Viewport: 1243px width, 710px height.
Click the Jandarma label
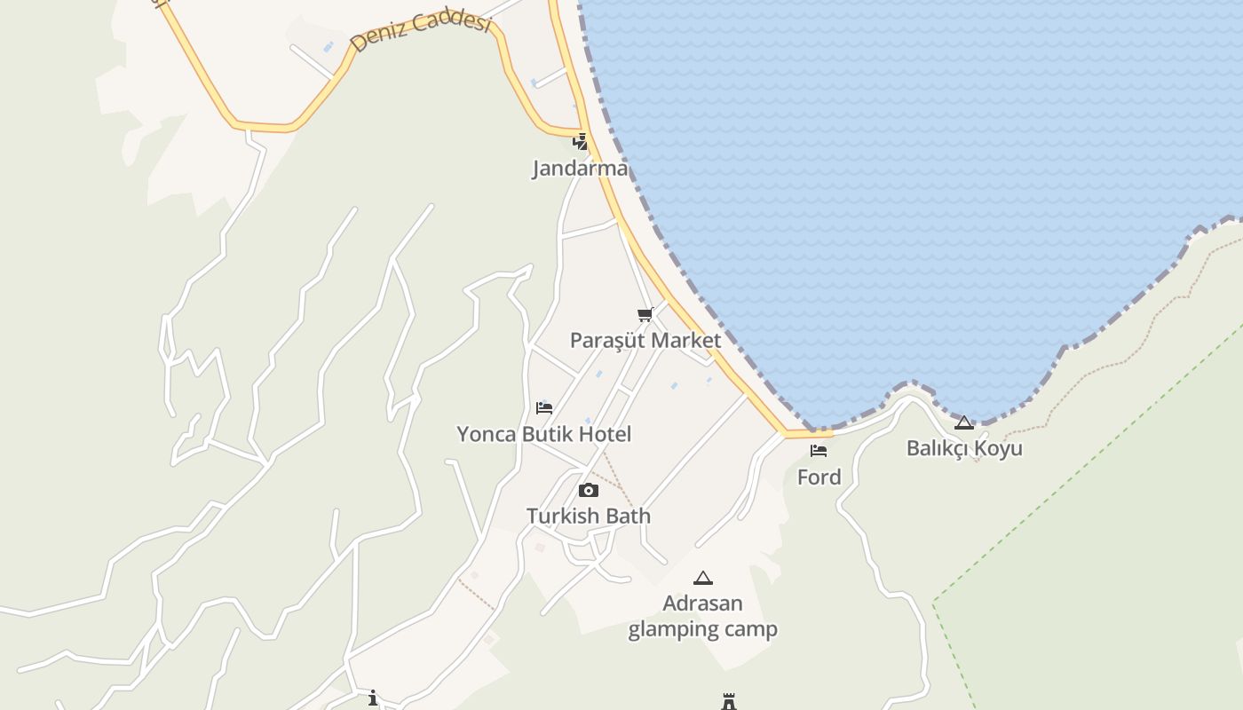tap(580, 168)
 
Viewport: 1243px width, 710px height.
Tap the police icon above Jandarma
tap(580, 141)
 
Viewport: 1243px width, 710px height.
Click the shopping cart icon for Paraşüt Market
tap(645, 314)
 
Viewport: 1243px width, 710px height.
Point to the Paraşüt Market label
tap(645, 340)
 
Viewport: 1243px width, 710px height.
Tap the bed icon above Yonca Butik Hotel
tap(544, 408)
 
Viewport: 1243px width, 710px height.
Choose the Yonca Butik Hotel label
tap(544, 434)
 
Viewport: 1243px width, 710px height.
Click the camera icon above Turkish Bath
tap(588, 490)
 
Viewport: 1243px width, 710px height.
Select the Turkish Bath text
tap(588, 516)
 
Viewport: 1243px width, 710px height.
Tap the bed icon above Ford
tap(819, 451)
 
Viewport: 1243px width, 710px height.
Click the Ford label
tap(819, 477)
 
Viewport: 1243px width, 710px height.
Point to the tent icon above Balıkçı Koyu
tap(964, 422)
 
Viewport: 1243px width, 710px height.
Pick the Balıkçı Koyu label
tap(964, 448)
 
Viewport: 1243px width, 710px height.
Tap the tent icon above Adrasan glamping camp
tap(703, 578)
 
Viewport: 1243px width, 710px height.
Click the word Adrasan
tap(703, 603)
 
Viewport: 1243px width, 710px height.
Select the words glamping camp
tap(703, 629)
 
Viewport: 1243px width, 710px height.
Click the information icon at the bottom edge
tap(373, 698)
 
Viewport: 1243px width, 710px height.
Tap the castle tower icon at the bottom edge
tap(729, 702)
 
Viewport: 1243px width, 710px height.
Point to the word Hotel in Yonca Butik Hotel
tap(605, 434)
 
